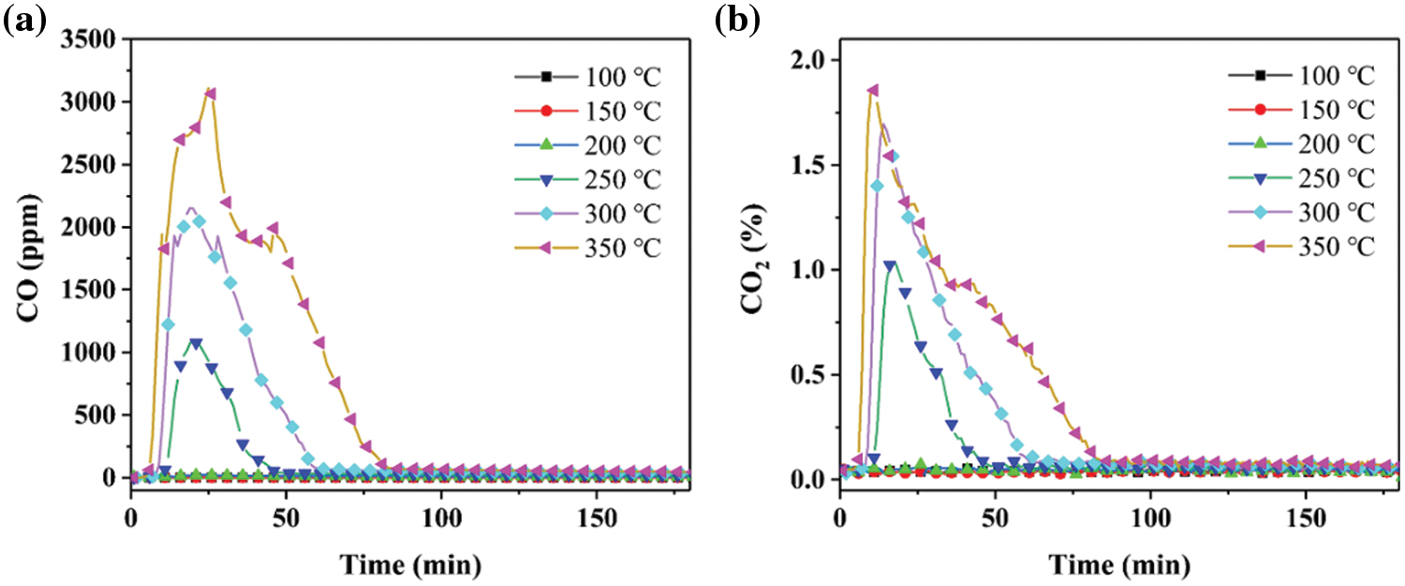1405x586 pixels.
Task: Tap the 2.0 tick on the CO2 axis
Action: click(811, 60)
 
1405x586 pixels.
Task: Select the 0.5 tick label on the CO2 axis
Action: click(811, 375)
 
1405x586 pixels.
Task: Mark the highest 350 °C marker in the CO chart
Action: click(211, 94)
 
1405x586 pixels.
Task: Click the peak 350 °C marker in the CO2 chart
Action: click(873, 90)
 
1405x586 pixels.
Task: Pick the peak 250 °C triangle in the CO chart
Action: click(196, 343)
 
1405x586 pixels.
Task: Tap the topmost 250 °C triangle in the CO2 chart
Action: click(890, 265)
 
